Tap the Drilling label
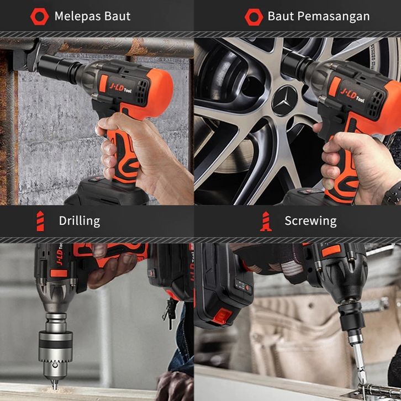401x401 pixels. pyautogui.click(x=80, y=221)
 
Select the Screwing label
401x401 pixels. pyautogui.click(x=311, y=221)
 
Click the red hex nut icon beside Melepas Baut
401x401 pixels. pyautogui.click(x=39, y=17)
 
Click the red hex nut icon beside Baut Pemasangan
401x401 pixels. pyautogui.click(x=254, y=17)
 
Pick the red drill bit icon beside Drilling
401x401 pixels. pyautogui.click(x=40, y=221)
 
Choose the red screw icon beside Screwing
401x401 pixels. pyautogui.click(x=266, y=221)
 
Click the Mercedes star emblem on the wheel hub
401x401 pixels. pyautogui.click(x=284, y=101)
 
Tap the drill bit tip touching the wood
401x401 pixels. pyautogui.click(x=55, y=387)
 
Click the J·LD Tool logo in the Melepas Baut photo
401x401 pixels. pyautogui.click(x=120, y=87)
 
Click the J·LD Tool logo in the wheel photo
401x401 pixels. pyautogui.click(x=352, y=95)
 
